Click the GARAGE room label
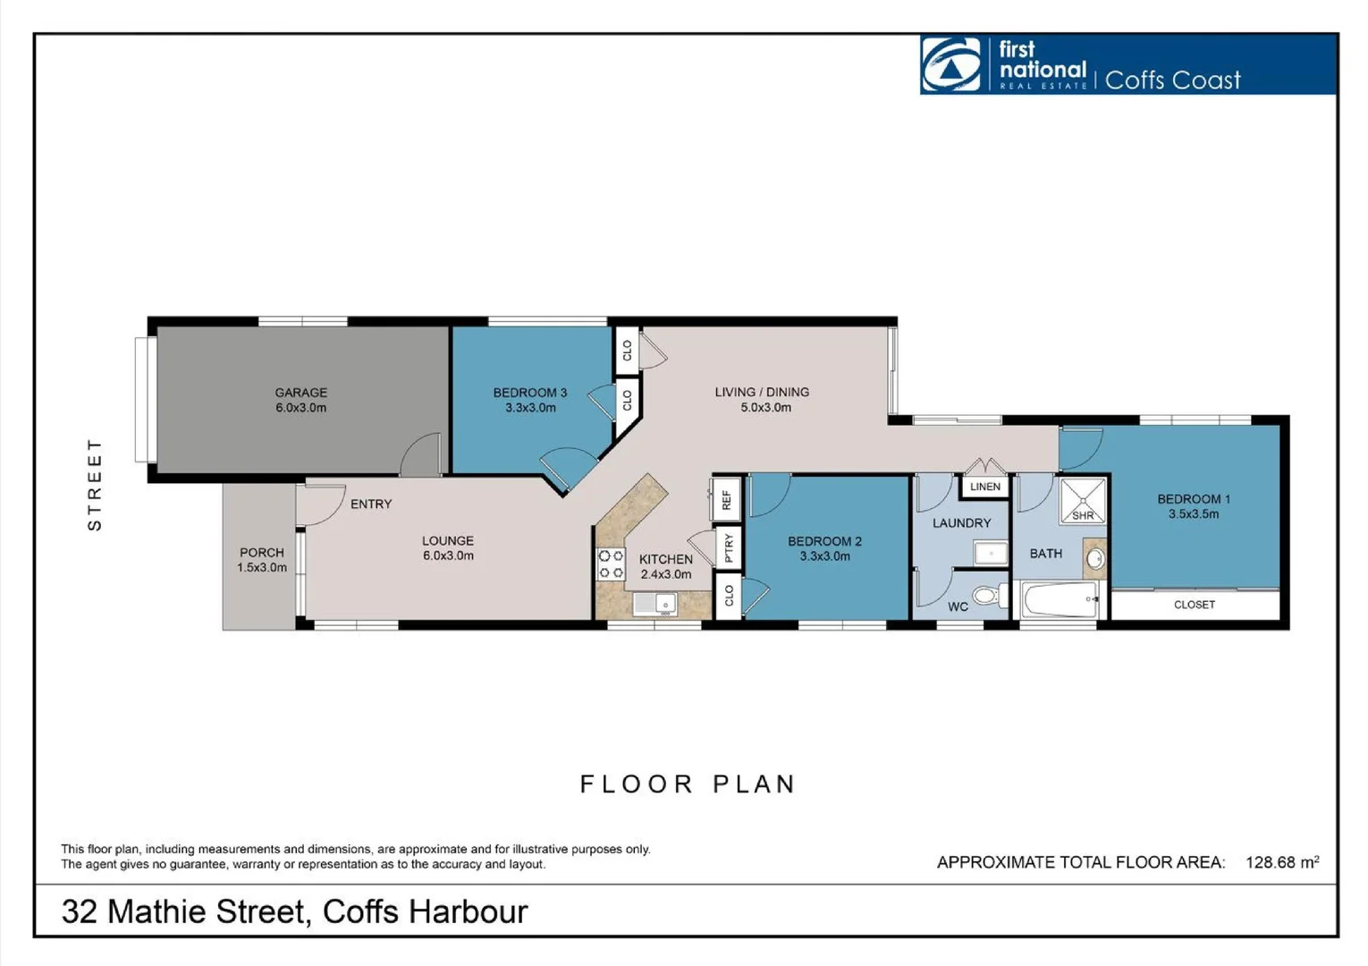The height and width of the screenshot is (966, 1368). [300, 393]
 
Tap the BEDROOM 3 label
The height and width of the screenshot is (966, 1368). [529, 393]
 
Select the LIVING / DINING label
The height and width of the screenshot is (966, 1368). [762, 392]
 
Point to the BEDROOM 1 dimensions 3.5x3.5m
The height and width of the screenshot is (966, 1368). [1193, 514]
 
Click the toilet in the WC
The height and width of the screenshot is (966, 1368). [986, 596]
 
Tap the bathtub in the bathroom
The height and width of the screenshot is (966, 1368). [1060, 599]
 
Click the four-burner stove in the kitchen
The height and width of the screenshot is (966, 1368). [611, 564]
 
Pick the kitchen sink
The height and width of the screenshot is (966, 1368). [654, 604]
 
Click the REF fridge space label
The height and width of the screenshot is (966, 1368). [726, 499]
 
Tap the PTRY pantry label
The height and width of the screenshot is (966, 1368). [729, 547]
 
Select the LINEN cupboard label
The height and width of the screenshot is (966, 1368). [984, 487]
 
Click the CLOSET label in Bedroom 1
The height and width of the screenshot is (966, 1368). [1194, 605]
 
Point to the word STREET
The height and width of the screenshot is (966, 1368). [95, 484]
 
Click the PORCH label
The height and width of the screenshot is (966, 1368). [261, 553]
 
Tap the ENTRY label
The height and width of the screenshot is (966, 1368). [370, 504]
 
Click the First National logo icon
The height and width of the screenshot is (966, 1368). [951, 64]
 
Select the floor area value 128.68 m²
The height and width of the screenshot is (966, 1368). [1281, 862]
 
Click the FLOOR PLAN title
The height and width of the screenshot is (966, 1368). [687, 784]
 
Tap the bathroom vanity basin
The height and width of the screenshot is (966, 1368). [1094, 560]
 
